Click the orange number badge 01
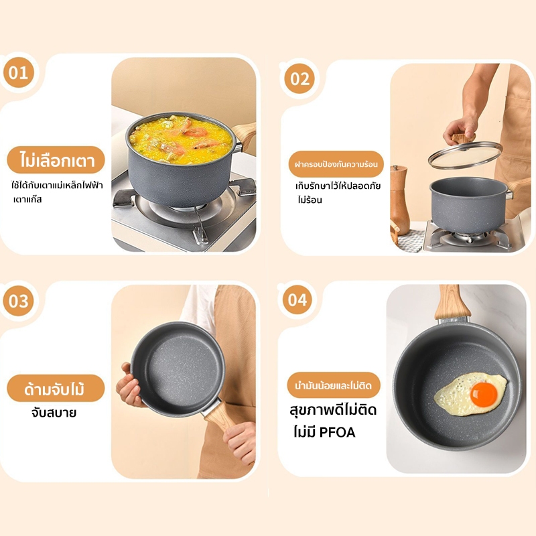point(19,72)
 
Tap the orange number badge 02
point(299,78)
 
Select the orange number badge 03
point(19,301)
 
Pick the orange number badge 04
point(297,299)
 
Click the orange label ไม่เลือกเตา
point(56,160)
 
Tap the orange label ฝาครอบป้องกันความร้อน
point(336,164)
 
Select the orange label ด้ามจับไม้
point(56,389)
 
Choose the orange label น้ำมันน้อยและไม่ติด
point(334,385)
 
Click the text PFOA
point(337,432)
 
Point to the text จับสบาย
point(54,413)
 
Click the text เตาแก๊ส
point(27,199)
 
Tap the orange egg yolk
point(484,394)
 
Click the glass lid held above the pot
point(465,155)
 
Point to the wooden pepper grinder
point(400,200)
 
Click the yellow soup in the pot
point(181,139)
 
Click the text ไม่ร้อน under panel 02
point(310,200)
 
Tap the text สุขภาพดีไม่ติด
point(333,410)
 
